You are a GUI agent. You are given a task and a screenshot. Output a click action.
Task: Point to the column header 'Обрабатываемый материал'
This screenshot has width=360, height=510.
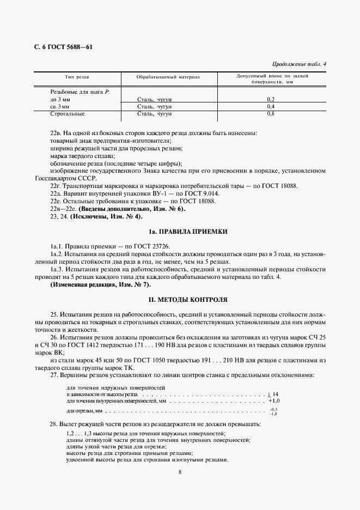tap(168, 77)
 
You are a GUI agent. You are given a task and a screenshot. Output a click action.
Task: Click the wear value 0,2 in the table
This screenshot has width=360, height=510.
tap(271, 99)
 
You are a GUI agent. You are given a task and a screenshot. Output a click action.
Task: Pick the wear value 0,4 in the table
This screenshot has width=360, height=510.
tap(271, 107)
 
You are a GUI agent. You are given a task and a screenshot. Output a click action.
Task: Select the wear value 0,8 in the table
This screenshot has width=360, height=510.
tap(271, 114)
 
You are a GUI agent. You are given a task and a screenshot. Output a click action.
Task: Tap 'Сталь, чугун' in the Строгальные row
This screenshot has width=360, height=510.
tap(155, 114)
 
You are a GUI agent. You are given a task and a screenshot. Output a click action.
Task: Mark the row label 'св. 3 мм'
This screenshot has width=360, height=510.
tap(60, 107)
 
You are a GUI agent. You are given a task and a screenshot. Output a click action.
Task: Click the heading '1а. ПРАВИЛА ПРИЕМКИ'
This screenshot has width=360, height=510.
tap(180, 232)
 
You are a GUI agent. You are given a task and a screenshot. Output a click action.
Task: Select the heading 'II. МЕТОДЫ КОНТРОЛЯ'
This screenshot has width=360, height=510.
tap(180, 300)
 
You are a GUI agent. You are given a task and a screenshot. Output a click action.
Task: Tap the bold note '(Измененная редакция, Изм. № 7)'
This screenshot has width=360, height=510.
tap(100, 284)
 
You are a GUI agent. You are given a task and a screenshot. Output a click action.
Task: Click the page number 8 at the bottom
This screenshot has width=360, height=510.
tap(180, 472)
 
